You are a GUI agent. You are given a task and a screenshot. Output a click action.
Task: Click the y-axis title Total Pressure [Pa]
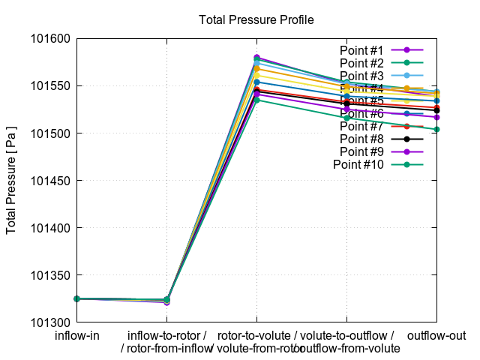[12, 180]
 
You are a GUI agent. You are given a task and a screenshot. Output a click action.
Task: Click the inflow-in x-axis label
[77, 335]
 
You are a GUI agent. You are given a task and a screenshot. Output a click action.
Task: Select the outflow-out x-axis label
[436, 335]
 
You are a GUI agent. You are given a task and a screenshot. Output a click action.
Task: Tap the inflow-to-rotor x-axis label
[166, 335]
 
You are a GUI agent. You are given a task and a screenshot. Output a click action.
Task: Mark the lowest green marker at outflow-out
[436, 129]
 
